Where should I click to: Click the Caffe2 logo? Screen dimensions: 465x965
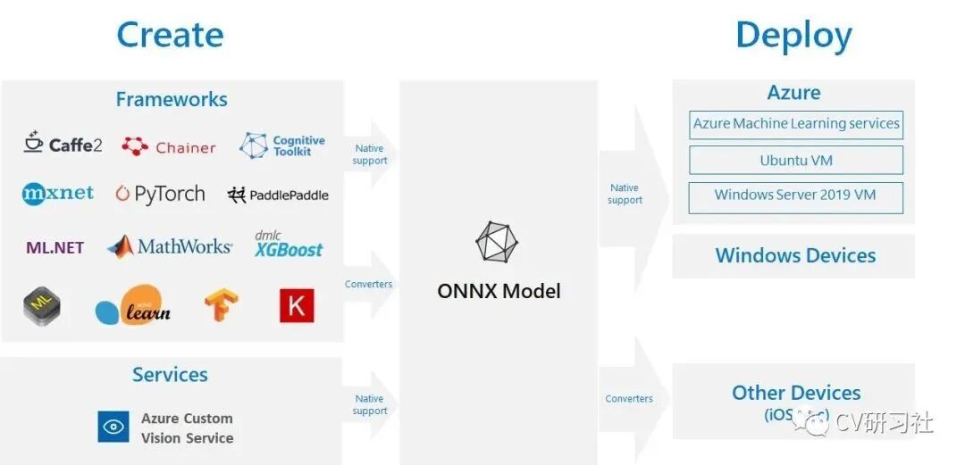(63, 144)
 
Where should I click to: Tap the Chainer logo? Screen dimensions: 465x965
(169, 147)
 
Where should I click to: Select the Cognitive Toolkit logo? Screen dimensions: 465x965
(282, 145)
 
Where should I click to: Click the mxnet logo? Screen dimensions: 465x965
(58, 194)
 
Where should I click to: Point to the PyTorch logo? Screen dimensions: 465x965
(160, 195)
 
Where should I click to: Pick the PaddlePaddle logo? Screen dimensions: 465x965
(278, 195)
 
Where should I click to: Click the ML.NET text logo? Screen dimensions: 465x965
(55, 248)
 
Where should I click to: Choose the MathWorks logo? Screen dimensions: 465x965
(170, 246)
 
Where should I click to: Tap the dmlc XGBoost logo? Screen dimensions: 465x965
(288, 245)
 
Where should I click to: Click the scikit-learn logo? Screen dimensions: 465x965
(132, 306)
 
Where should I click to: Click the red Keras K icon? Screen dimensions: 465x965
(297, 306)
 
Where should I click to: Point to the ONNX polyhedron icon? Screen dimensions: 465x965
(497, 243)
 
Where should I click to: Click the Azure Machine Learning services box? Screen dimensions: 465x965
(796, 124)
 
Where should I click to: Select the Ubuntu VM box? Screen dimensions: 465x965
(796, 161)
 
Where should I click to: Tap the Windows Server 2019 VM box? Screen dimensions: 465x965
(796, 196)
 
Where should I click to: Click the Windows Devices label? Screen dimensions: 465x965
(795, 256)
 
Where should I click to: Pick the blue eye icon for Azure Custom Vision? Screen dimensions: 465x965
(113, 427)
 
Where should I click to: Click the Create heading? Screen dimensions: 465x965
(170, 36)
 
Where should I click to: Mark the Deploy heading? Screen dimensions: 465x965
(793, 37)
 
